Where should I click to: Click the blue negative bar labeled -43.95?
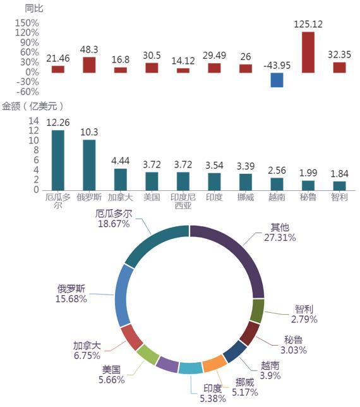coord(277,80)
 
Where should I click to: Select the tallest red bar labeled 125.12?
coord(308,52)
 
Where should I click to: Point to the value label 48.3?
coord(89,49)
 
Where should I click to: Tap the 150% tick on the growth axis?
coord(27,23)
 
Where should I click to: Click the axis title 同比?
coord(33,8)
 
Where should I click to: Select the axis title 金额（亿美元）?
coord(33,106)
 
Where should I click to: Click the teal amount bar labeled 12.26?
coord(58,160)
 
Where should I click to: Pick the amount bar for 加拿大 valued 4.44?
coord(121,179)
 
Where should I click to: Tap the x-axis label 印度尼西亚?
coord(183,201)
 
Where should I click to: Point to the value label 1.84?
coord(340,174)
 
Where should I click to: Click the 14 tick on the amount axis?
coord(33,121)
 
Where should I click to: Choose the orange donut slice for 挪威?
coord(215,363)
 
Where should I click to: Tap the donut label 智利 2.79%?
coord(304,314)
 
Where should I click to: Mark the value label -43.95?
coord(277,66)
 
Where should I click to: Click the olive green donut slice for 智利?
coord(257,311)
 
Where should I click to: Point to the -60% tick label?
coord(28,92)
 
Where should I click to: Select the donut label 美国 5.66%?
coord(112,375)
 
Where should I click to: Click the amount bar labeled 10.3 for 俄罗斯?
coord(89,165)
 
